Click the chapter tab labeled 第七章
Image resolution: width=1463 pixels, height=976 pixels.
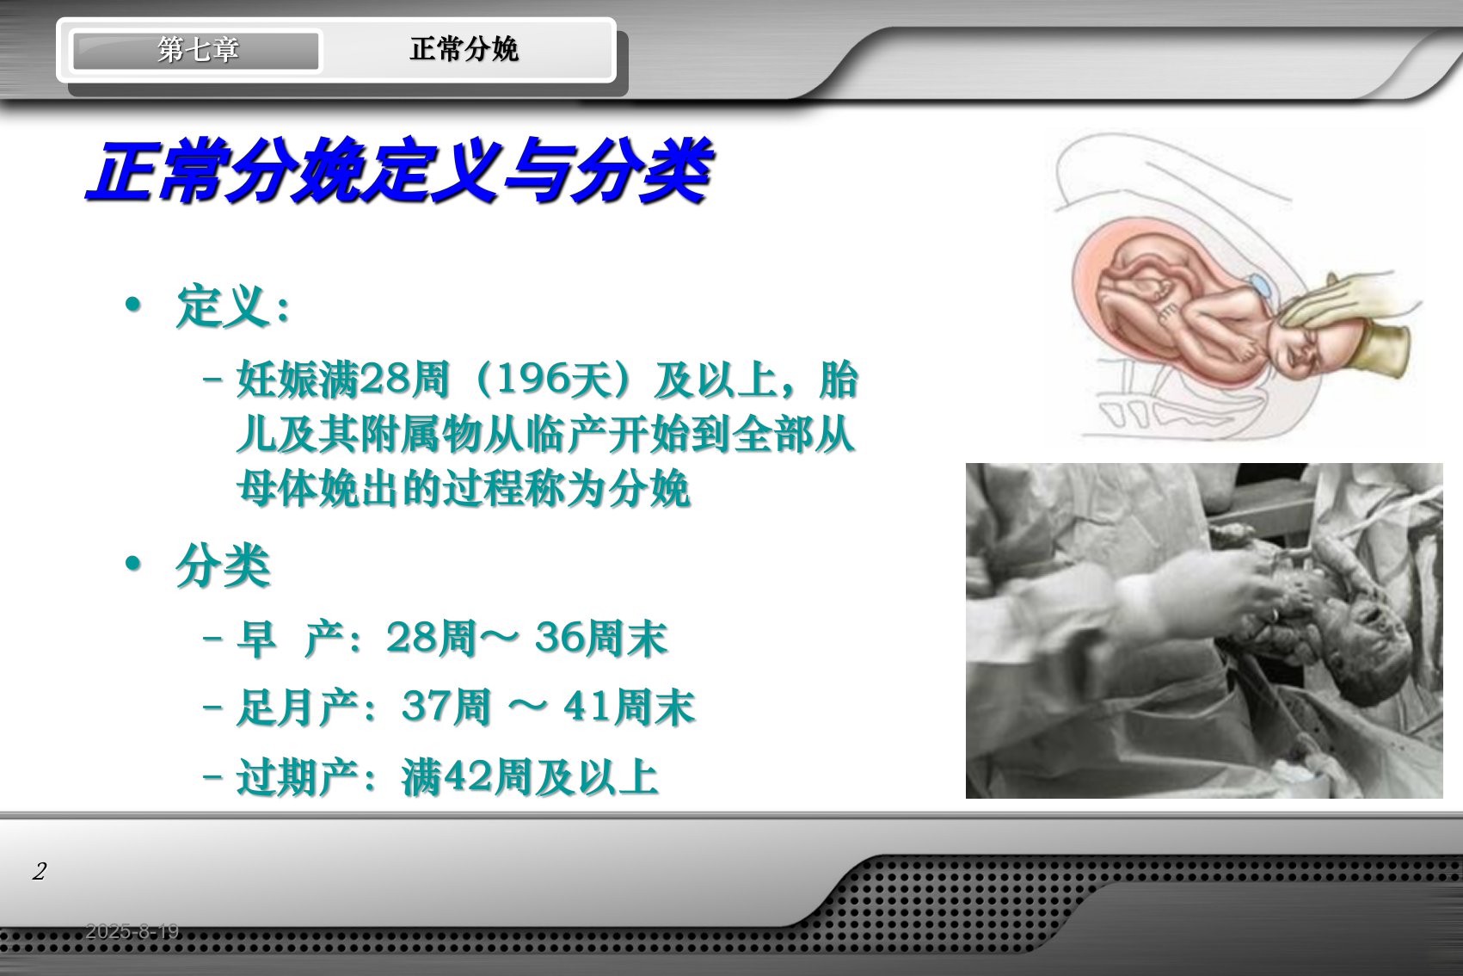pos(196,50)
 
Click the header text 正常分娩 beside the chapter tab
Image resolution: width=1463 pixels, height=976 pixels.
pos(464,49)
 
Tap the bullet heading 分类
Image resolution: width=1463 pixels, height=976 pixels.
pos(223,565)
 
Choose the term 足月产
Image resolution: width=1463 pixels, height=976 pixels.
pos(298,708)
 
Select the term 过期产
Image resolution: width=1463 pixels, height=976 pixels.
pos(298,777)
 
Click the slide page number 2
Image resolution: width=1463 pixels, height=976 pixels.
pos(40,871)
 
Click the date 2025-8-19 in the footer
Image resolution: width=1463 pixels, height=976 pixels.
pos(132,931)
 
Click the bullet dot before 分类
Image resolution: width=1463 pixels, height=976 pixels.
pos(133,563)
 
